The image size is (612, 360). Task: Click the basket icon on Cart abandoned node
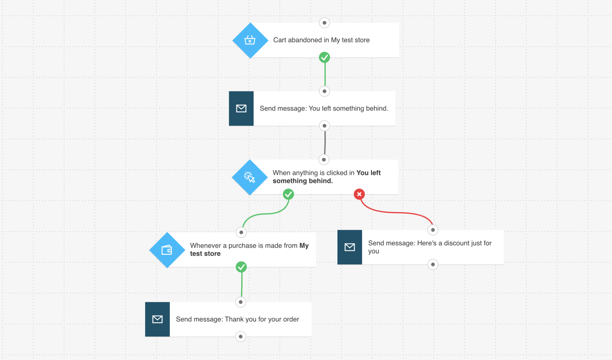[250, 40]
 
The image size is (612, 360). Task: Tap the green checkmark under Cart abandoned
[324, 57]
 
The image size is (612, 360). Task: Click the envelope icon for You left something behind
[241, 109]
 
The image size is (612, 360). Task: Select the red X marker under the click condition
[359, 194]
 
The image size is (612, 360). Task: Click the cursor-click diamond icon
[249, 177]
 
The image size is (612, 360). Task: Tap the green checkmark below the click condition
[288, 194]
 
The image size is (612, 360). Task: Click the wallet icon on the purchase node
[167, 250]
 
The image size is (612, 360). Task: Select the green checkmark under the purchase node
[241, 267]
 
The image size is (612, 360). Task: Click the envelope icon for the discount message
[350, 247]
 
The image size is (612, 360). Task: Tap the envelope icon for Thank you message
[157, 319]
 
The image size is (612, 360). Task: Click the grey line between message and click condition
[325, 143]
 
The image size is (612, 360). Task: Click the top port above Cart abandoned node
[324, 23]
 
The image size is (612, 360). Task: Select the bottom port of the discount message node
[433, 264]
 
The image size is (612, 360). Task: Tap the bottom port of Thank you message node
[241, 337]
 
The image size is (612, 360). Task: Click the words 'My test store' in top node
[350, 40]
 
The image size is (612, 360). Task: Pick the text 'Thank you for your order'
[262, 319]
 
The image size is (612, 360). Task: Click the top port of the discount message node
[433, 230]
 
